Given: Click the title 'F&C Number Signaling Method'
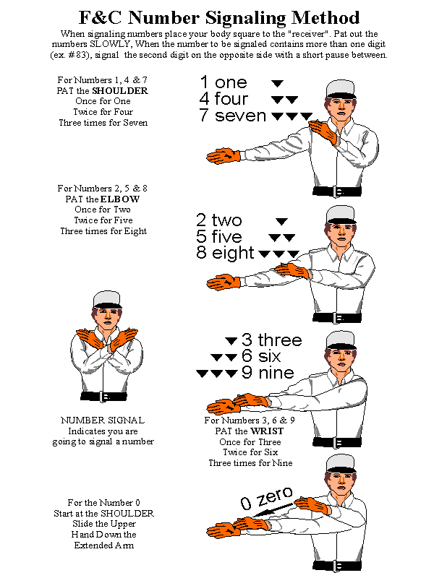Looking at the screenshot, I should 217,17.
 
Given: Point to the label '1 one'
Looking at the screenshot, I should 224,82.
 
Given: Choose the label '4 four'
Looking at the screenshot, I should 224,99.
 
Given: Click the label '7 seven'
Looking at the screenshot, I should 232,116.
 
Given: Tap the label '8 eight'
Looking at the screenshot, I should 225,254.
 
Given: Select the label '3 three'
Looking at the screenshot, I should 271,340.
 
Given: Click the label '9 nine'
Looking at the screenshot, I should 268,374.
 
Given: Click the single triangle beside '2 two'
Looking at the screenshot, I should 282,221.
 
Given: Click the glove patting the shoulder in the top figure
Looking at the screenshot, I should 321,134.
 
